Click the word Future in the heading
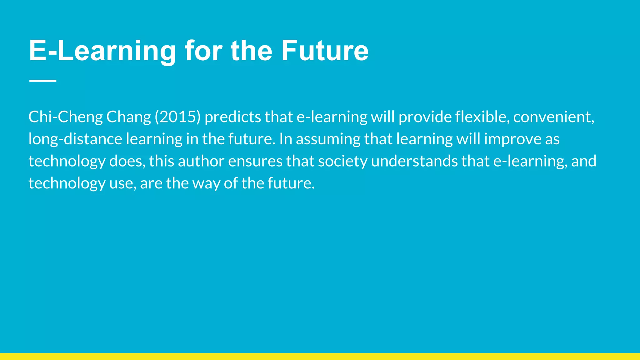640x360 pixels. [325, 51]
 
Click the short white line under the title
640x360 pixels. [42, 81]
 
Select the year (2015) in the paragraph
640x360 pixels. [177, 117]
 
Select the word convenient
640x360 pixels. [553, 117]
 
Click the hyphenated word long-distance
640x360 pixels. [75, 139]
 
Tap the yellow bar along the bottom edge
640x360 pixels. [320, 357]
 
